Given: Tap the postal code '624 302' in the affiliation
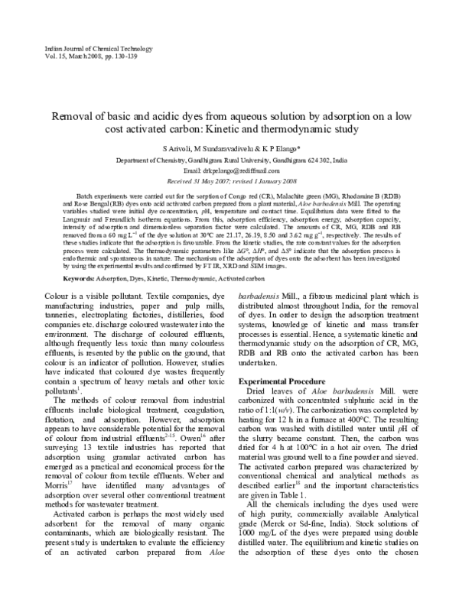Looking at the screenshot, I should coord(313,160).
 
